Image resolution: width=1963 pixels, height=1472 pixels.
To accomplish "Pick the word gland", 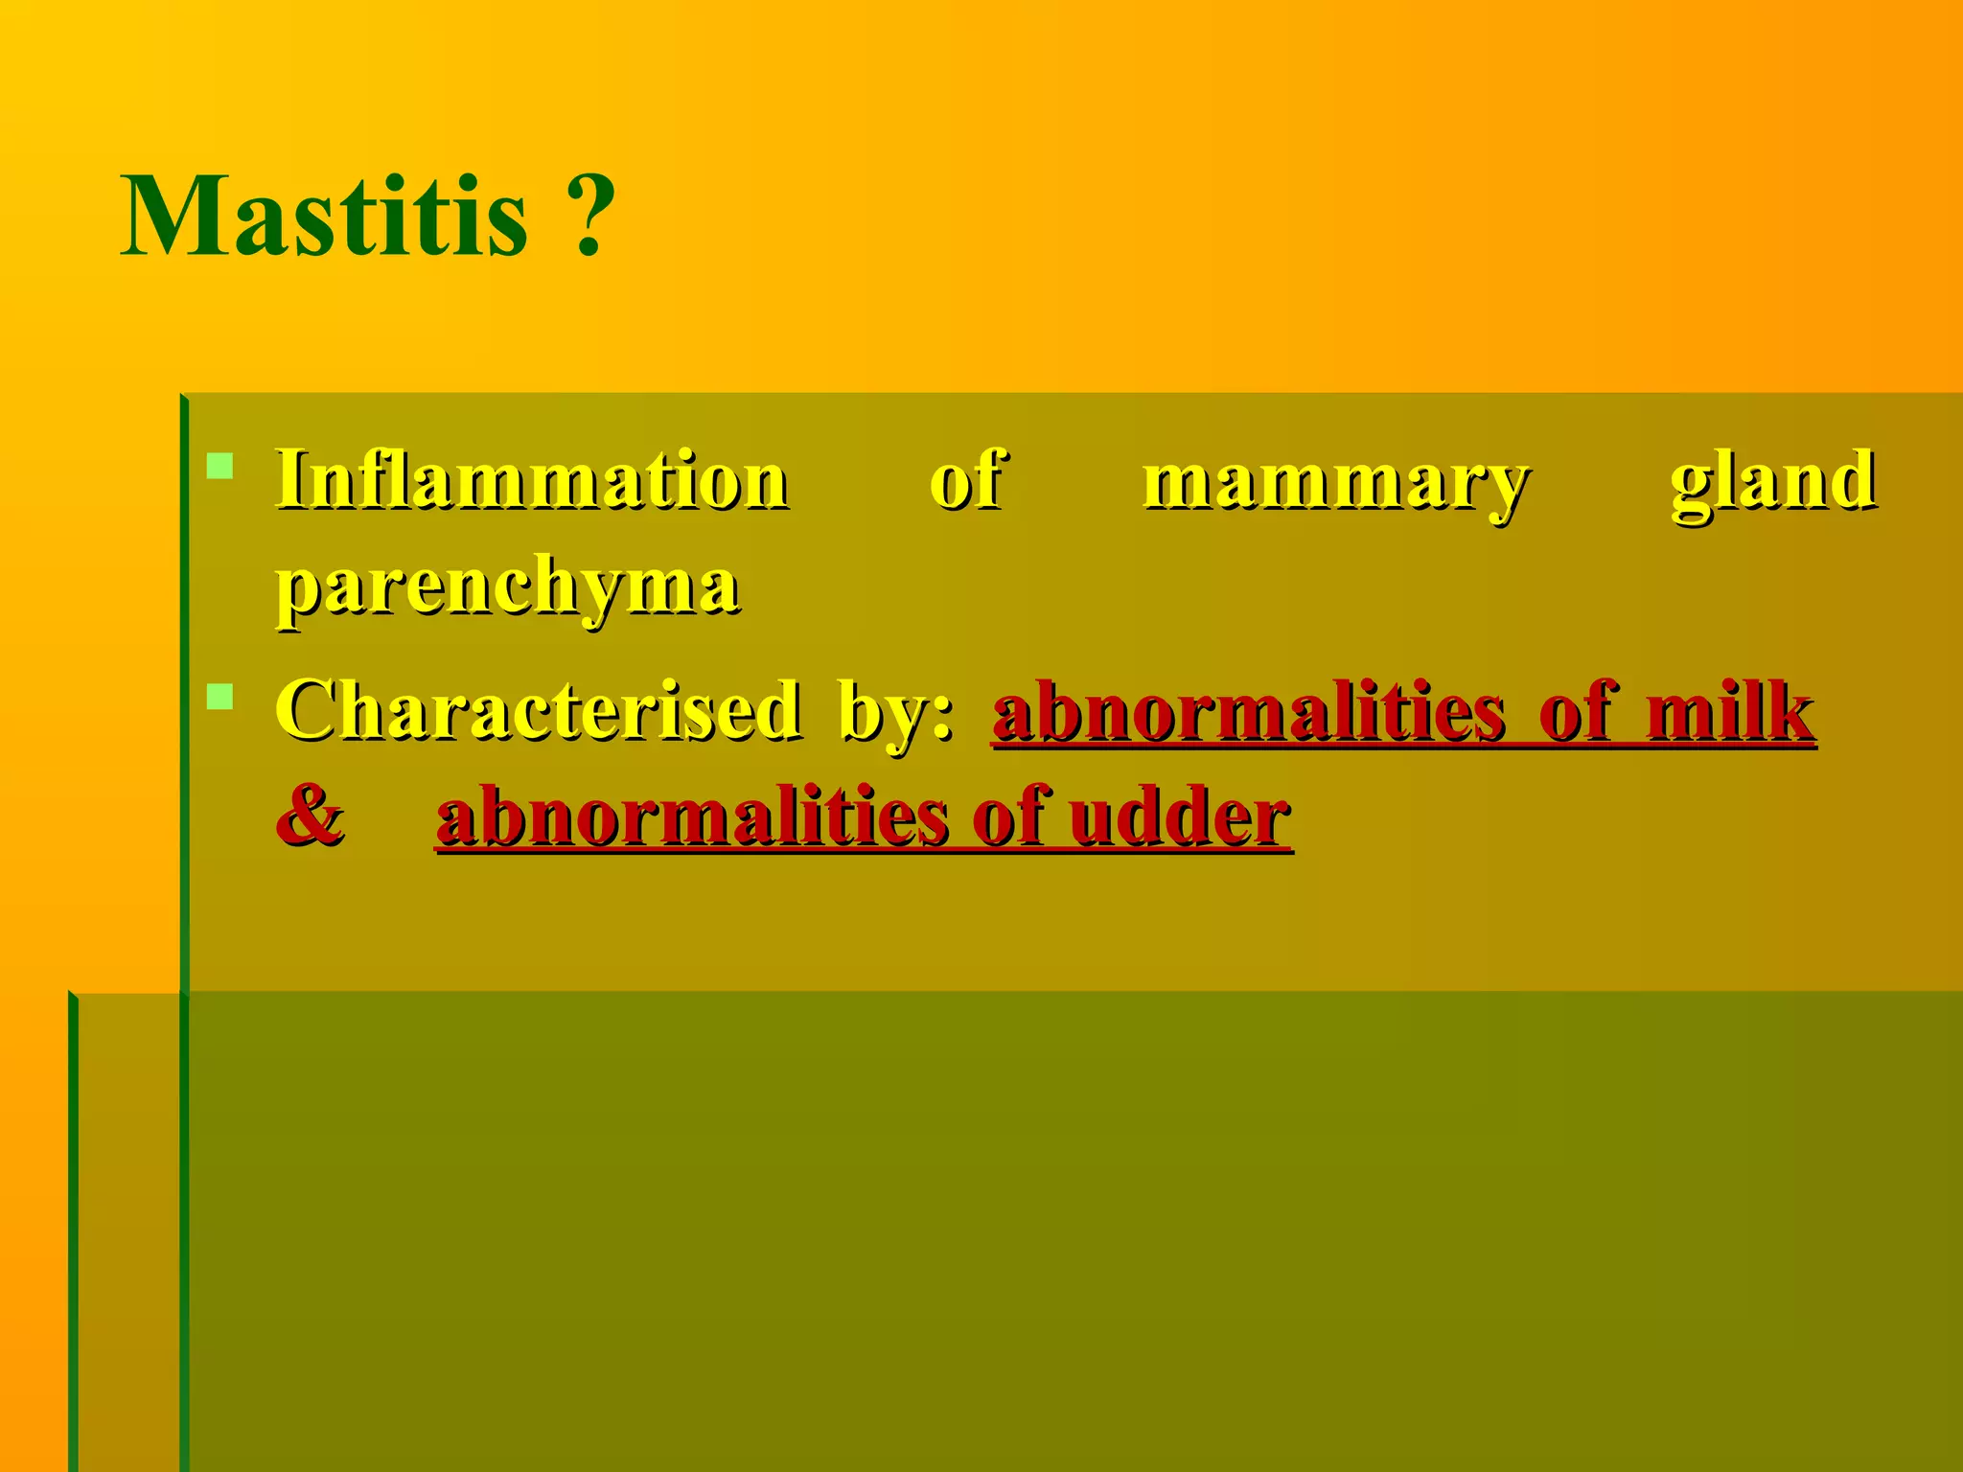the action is [1772, 482].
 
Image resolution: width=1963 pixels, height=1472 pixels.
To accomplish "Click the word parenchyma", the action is [508, 586].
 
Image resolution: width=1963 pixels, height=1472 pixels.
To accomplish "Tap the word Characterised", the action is [538, 711].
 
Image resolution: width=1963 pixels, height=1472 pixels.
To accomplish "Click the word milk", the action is [1729, 711].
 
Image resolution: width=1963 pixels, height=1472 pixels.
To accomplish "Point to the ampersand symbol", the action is [310, 816].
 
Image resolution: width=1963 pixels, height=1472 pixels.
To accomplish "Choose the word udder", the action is [1180, 816].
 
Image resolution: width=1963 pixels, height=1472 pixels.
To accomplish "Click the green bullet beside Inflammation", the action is [220, 467].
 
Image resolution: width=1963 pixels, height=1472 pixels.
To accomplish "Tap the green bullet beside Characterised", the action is [220, 697].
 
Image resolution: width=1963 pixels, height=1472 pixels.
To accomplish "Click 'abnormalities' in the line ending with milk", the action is [1248, 711].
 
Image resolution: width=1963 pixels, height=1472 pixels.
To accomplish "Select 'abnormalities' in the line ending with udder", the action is [691, 816].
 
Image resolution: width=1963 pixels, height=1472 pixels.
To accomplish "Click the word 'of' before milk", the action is [1577, 711].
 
